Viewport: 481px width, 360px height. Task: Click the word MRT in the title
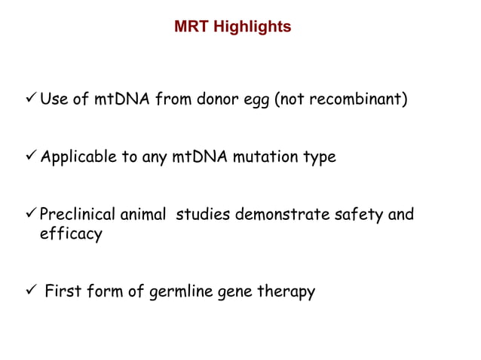point(191,27)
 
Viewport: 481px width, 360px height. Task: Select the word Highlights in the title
point(251,27)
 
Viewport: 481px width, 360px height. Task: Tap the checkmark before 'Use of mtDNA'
point(31,99)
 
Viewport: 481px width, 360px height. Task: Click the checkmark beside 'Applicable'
point(31,157)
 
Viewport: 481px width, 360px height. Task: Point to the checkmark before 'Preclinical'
point(31,215)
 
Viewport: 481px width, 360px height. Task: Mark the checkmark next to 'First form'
point(31,291)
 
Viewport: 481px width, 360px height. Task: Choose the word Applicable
point(76,158)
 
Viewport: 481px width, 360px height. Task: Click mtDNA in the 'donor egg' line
point(121,100)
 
